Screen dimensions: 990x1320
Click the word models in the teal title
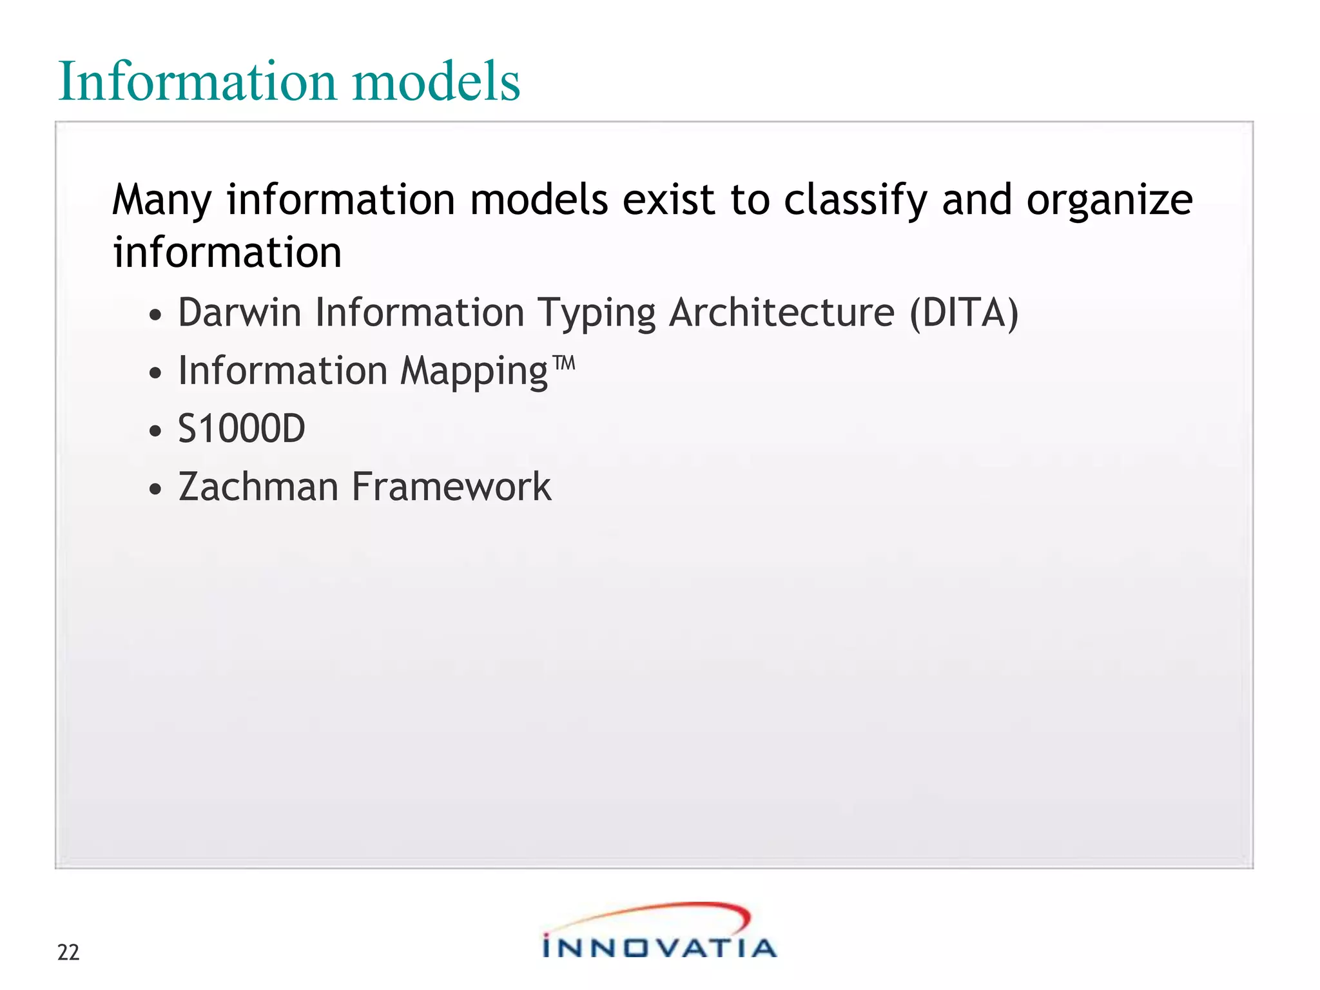436,82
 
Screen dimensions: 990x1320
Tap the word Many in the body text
162,200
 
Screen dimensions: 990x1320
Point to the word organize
1109,200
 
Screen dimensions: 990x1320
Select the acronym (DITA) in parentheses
964,313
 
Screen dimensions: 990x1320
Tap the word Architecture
781,313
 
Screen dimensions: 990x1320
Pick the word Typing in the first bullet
596,314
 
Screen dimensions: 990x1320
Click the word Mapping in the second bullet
474,372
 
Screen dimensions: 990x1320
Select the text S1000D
241,429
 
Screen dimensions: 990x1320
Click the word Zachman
258,487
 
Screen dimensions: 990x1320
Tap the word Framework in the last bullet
451,487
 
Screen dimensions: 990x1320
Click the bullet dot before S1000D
155,431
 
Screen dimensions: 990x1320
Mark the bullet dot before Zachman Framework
155,489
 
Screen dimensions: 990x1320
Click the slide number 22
68,953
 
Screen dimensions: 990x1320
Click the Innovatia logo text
659,948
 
